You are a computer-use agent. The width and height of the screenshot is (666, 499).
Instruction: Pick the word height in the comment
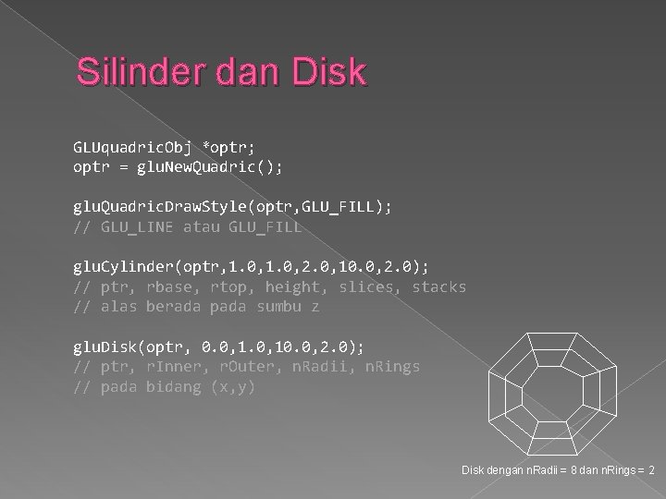click(x=293, y=286)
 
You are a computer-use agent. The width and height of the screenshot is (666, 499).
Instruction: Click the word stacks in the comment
click(x=439, y=286)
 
